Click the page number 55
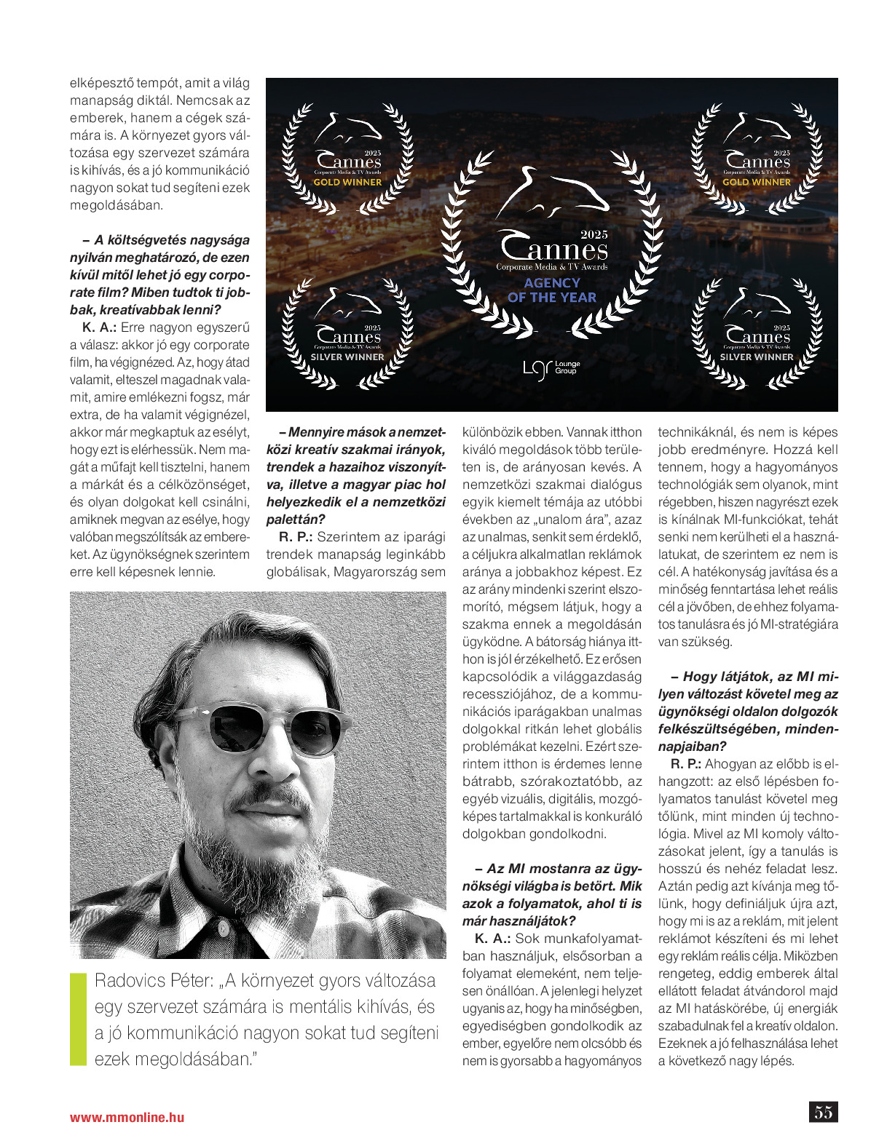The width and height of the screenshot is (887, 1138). (823, 1112)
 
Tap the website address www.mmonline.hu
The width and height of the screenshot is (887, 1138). (127, 1118)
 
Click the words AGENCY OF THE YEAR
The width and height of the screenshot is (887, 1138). (552, 290)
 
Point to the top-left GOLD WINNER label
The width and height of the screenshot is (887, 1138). (347, 183)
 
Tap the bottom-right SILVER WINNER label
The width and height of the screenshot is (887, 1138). (757, 357)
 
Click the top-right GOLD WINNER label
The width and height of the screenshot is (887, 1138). (757, 183)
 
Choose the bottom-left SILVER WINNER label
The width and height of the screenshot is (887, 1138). (347, 357)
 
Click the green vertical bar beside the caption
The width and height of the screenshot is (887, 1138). (78, 1019)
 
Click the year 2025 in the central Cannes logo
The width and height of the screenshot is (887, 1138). (594, 234)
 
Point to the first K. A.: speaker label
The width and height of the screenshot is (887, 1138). (98, 327)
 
